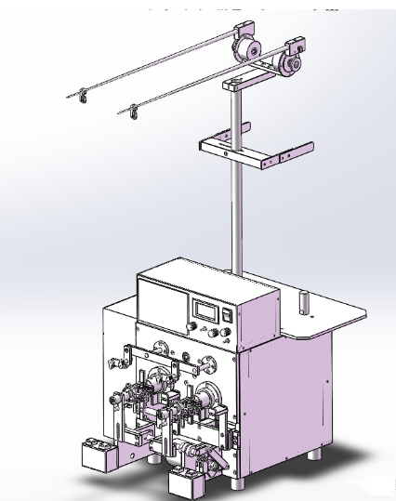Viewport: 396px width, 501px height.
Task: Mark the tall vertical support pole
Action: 237,214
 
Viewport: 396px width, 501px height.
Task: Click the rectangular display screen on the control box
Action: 206,310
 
